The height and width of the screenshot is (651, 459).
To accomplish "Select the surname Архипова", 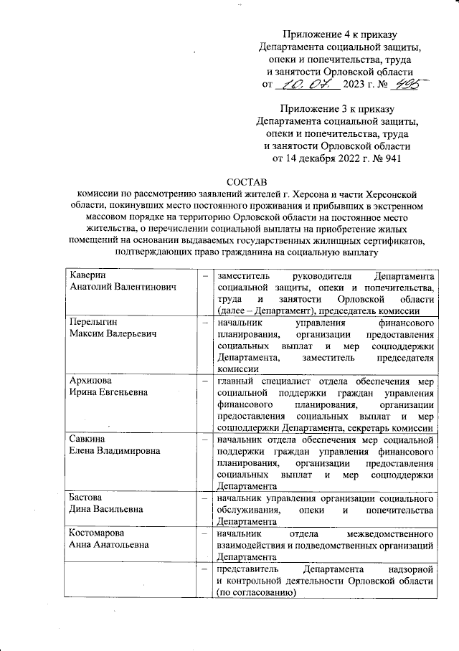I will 92,381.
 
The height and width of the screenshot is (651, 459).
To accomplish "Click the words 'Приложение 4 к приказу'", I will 339,34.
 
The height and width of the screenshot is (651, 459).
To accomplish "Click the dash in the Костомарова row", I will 206,533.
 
